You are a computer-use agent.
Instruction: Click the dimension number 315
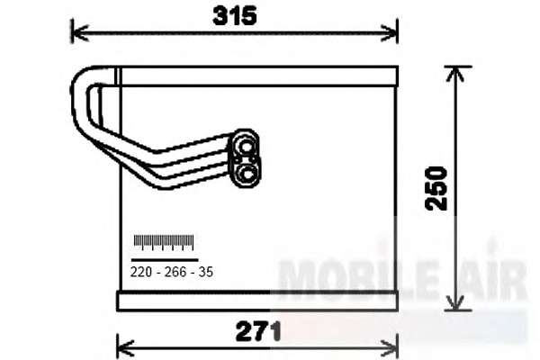pyautogui.click(x=235, y=16)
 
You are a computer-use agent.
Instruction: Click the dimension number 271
pyautogui.click(x=258, y=331)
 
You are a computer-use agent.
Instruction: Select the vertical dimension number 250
pyautogui.click(x=436, y=188)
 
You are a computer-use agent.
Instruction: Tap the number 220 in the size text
pyautogui.click(x=141, y=272)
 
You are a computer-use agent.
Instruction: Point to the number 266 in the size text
pyautogui.click(x=175, y=272)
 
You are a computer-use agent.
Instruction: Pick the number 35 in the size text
pyautogui.click(x=206, y=272)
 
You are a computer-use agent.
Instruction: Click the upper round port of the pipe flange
pyautogui.click(x=246, y=147)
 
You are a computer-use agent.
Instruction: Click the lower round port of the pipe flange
pyautogui.click(x=247, y=173)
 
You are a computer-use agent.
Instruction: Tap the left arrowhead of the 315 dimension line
pyautogui.click(x=78, y=33)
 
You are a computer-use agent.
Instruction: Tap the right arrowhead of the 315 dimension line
pyautogui.click(x=390, y=33)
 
